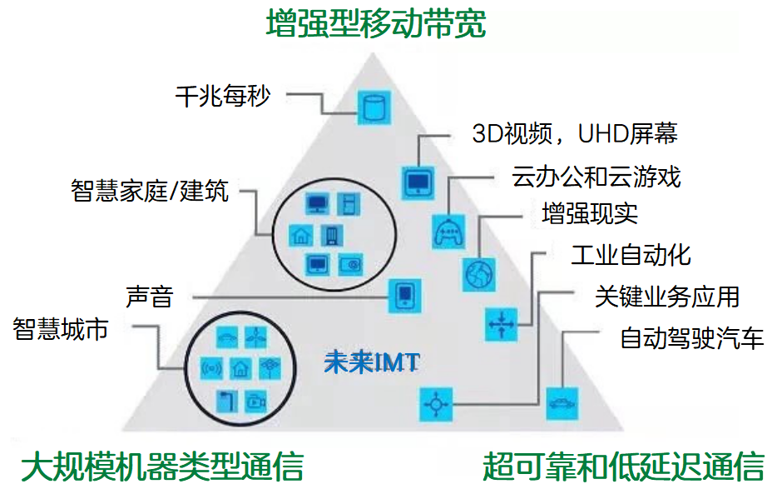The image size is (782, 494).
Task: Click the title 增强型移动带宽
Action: pyautogui.click(x=376, y=23)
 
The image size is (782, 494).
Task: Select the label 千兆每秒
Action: pyautogui.click(x=223, y=96)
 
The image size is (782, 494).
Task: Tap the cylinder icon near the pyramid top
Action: pyautogui.click(x=374, y=107)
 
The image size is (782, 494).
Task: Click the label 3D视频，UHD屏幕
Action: pyautogui.click(x=575, y=134)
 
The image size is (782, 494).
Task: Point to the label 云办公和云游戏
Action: pyautogui.click(x=596, y=177)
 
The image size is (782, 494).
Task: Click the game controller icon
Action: pyautogui.click(x=448, y=232)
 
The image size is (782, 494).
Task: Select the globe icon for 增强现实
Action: pyautogui.click(x=479, y=275)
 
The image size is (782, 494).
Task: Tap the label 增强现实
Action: pyautogui.click(x=590, y=214)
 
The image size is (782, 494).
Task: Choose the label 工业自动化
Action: pyautogui.click(x=631, y=255)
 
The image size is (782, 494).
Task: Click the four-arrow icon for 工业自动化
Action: pyautogui.click(x=501, y=325)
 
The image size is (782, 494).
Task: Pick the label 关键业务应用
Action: pyautogui.click(x=667, y=297)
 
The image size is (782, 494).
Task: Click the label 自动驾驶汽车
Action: pyautogui.click(x=691, y=338)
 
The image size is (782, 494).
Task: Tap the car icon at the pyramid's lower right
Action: pyautogui.click(x=562, y=403)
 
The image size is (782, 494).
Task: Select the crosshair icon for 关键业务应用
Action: pyautogui.click(x=436, y=404)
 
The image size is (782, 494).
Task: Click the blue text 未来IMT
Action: pyautogui.click(x=372, y=362)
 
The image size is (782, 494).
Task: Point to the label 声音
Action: pyautogui.click(x=149, y=297)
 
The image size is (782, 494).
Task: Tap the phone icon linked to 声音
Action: pyautogui.click(x=405, y=297)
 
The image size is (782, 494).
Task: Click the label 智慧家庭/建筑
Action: pyautogui.click(x=150, y=190)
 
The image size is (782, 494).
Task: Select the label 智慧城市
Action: pyautogui.click(x=61, y=329)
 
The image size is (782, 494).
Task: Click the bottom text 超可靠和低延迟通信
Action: pyautogui.click(x=623, y=466)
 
